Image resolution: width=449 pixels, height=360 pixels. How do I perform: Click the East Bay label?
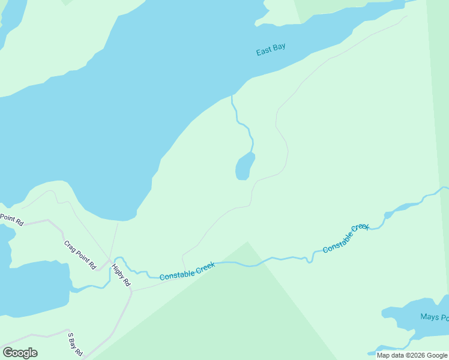271,50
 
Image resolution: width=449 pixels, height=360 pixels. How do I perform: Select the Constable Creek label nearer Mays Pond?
346,238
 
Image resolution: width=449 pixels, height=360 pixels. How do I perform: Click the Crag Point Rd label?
80,254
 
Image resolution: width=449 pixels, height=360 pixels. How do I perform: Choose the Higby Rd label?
121,275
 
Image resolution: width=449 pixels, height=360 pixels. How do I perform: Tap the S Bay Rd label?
74,344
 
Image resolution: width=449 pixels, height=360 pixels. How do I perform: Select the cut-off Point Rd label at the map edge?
11,220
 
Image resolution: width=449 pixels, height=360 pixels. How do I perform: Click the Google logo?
20,353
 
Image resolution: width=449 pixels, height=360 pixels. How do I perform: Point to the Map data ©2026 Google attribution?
412,355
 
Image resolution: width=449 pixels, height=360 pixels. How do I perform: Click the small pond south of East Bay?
244,166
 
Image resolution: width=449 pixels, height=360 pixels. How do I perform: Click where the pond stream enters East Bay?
232,95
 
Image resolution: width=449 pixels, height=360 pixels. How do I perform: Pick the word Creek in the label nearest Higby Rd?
203,266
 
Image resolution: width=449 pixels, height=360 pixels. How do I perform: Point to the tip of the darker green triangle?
247,241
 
